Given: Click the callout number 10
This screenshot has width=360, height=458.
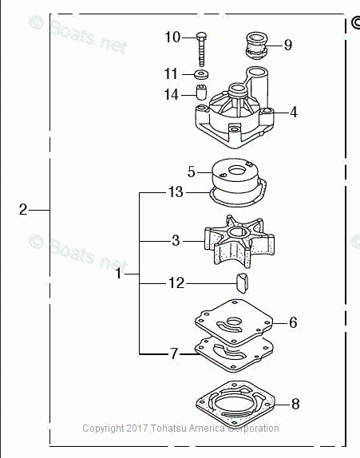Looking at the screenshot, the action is tap(172, 37).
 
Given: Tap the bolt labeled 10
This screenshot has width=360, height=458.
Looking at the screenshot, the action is tap(202, 49).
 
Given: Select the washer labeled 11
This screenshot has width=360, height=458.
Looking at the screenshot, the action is tap(200, 74).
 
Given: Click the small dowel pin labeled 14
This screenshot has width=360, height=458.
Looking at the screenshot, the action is tap(201, 92).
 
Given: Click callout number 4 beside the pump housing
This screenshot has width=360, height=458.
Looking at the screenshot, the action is tap(294, 113).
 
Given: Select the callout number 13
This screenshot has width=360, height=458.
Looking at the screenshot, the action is tap(176, 192).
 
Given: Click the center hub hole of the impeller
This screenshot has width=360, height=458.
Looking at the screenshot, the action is tap(237, 233).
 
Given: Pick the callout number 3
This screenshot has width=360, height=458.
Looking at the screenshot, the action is tap(176, 241).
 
